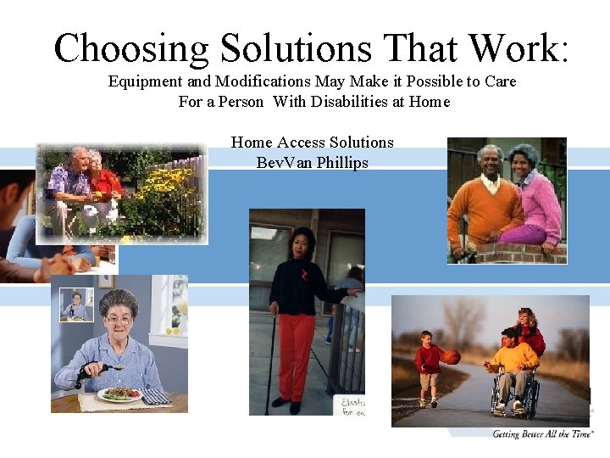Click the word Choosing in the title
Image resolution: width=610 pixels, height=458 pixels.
pyautogui.click(x=131, y=48)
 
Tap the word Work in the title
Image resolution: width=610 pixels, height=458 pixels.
pyautogui.click(x=511, y=48)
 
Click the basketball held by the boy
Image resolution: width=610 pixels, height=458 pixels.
pyautogui.click(x=451, y=357)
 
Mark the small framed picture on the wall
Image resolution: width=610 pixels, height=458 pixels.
pyautogui.click(x=77, y=304)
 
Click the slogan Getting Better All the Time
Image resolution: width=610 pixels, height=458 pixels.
pyautogui.click(x=542, y=434)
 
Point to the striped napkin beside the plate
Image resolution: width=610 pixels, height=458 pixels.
pyautogui.click(x=156, y=396)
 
